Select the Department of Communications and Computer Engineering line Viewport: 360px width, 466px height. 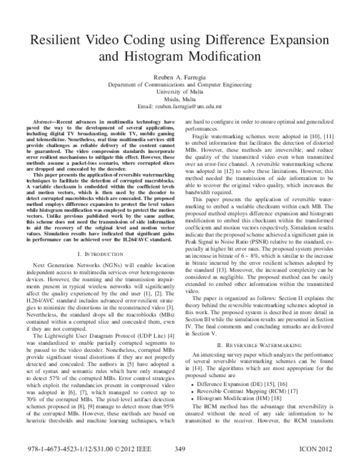179,85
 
